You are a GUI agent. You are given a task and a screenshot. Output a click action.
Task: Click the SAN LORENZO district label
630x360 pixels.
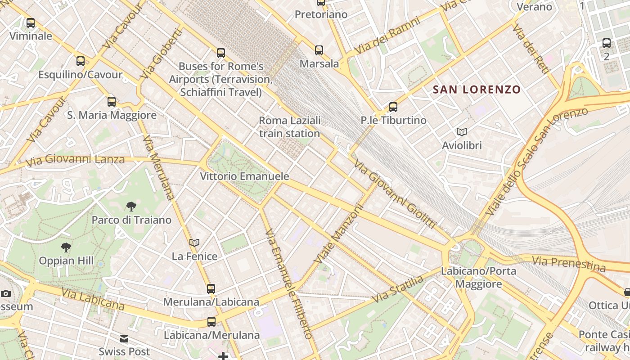[477, 90]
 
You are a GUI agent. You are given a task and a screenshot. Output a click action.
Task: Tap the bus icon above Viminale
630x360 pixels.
[31, 23]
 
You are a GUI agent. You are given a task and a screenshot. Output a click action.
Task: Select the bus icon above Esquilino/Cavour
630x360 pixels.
[81, 61]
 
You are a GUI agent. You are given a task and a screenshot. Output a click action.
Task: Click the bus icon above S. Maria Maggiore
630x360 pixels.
[112, 102]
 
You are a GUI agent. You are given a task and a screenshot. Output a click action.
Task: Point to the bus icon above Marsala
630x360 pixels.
[319, 50]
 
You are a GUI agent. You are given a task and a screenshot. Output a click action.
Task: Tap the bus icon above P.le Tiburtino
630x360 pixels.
[393, 107]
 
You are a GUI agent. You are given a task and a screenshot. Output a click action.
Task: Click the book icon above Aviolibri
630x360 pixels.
[462, 132]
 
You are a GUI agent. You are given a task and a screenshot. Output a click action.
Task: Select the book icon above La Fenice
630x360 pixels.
[194, 243]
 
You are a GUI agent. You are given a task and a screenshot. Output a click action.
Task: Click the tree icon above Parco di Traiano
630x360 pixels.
[131, 207]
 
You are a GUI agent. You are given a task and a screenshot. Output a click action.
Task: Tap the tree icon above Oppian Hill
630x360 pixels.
[66, 247]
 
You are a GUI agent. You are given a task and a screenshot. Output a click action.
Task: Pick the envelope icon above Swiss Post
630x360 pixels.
[124, 339]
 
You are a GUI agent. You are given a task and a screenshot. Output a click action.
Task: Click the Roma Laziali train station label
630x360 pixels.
[289, 127]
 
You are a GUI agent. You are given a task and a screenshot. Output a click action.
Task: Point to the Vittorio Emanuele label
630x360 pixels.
[244, 176]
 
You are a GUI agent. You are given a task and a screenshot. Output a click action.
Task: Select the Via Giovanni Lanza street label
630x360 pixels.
[75, 160]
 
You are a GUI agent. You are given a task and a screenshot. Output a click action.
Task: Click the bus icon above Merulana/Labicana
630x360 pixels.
[211, 288]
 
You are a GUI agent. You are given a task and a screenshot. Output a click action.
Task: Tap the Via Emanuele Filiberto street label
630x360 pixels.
[288, 283]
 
